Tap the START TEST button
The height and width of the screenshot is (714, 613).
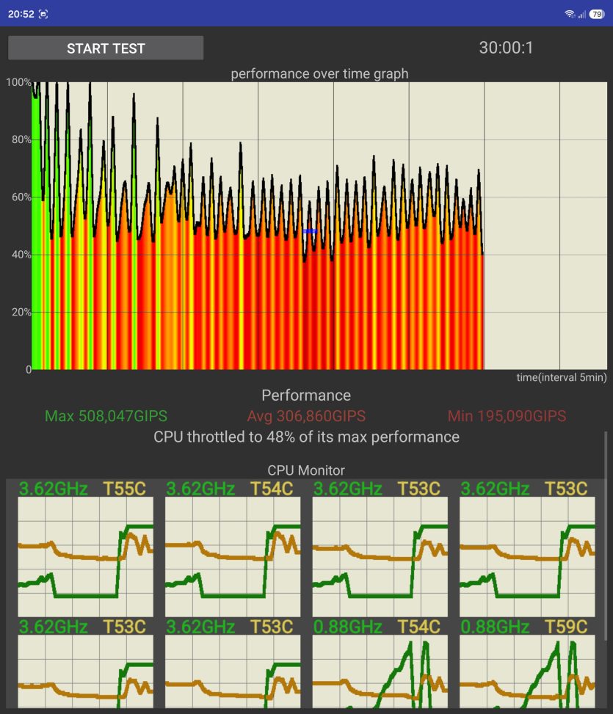106,48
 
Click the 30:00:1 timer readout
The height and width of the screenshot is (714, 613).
506,48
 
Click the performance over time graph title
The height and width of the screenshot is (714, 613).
319,74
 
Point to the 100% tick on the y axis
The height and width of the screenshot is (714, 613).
18,82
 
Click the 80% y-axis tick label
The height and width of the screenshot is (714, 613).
21,139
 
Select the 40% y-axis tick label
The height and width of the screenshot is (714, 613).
21,255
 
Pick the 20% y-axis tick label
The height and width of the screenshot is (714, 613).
21,312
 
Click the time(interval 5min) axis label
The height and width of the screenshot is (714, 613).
561,377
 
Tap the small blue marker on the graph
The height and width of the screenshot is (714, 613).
310,231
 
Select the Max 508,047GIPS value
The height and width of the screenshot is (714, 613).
106,416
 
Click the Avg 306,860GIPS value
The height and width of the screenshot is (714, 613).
306,416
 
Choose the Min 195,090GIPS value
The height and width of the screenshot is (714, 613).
507,416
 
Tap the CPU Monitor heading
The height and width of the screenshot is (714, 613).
306,470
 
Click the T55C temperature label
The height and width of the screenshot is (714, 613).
124,489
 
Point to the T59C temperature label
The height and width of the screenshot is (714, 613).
566,627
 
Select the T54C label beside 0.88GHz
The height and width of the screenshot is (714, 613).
419,627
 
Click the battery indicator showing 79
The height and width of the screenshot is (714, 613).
597,14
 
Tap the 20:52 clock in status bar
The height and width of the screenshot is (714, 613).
21,14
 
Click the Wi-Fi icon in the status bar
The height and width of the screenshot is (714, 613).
569,14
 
